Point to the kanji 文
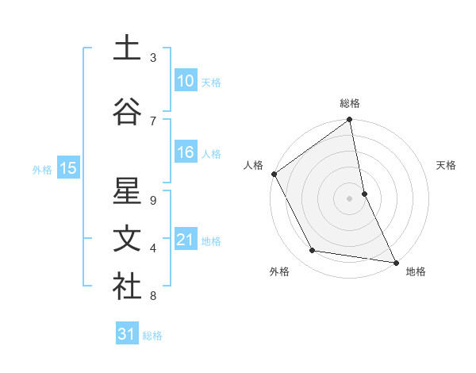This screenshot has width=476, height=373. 126,239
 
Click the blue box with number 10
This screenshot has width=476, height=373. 185,81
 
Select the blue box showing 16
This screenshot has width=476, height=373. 185,153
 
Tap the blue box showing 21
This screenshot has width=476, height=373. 185,240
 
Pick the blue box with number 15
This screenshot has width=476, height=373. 67,168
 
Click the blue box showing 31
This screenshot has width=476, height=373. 127,335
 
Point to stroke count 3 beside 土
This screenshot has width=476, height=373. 153,58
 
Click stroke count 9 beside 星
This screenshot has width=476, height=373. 153,200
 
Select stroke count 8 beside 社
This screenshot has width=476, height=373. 153,296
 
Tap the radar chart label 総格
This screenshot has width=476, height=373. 350,103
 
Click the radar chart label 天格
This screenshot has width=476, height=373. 447,165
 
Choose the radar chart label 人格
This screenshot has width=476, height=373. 253,165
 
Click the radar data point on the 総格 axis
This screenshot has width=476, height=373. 350,121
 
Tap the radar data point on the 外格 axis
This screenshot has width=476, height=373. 312,251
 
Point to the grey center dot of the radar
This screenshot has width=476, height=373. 350,198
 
